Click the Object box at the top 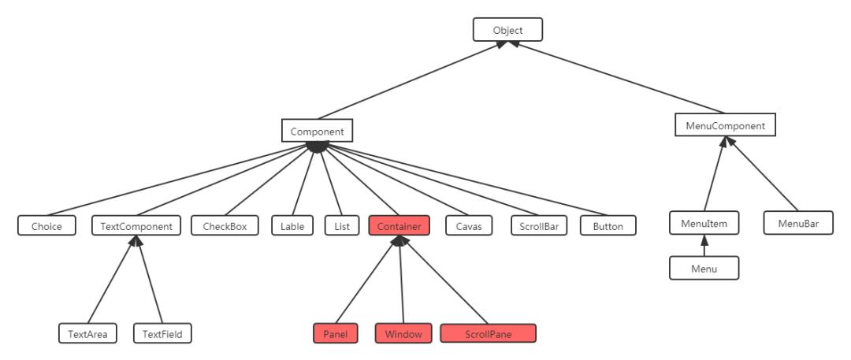pos(508,31)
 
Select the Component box pos(317,130)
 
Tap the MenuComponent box pos(726,125)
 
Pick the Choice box pos(46,226)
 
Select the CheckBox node pos(225,226)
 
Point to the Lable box pos(293,226)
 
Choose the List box pos(341,226)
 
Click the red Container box pos(399,226)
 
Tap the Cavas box pos(468,226)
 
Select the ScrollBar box pos(540,226)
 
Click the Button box pos(608,226)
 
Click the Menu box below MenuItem pos(704,269)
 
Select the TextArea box pos(88,333)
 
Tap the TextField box pos(162,333)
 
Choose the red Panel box pos(336,333)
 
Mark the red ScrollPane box pos(488,333)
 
